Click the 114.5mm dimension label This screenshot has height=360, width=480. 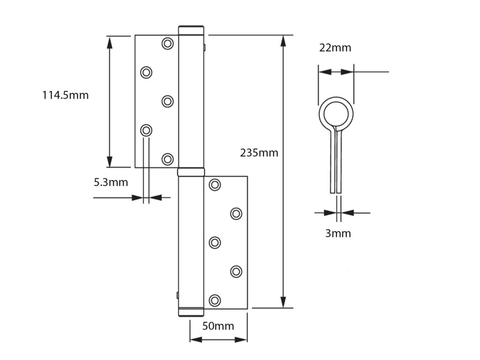[65, 95]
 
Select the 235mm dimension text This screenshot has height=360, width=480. [259, 152]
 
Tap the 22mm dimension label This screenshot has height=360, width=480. [335, 47]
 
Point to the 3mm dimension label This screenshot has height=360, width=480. [338, 233]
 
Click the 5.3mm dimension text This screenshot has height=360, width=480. [111, 182]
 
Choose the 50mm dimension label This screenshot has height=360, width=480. [218, 326]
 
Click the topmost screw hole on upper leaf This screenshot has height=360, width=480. [167, 43]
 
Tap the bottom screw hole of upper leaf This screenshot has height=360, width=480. [167, 159]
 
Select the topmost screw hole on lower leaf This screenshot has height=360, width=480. [215, 185]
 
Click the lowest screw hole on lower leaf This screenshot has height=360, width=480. [215, 300]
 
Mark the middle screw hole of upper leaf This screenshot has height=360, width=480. [167, 101]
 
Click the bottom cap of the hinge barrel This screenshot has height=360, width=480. [191, 313]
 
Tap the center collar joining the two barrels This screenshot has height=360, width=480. [191, 172]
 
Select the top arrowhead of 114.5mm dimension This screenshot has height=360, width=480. [110, 42]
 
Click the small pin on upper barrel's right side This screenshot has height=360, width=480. [205, 47]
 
